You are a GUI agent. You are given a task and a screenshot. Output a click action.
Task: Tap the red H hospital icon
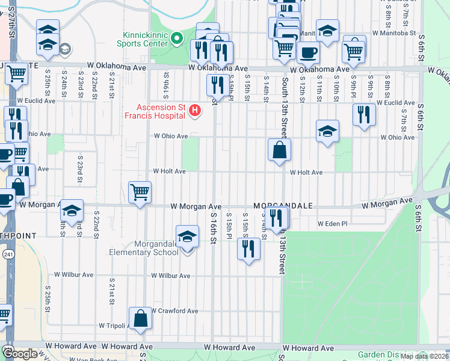click(194, 110)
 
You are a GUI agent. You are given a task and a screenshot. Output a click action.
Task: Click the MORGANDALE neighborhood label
click(283, 206)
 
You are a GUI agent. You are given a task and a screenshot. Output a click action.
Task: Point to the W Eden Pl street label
click(333, 223)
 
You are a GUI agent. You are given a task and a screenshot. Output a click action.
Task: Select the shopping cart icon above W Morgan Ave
click(140, 193)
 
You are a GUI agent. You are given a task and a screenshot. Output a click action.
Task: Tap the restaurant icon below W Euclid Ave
click(364, 114)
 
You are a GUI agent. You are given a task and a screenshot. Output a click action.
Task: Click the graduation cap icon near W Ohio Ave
click(327, 131)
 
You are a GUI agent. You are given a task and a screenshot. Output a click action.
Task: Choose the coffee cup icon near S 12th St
click(308, 52)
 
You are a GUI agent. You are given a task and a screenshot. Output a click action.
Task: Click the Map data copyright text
click(425, 356)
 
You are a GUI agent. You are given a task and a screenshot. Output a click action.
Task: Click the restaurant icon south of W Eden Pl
click(248, 247)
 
